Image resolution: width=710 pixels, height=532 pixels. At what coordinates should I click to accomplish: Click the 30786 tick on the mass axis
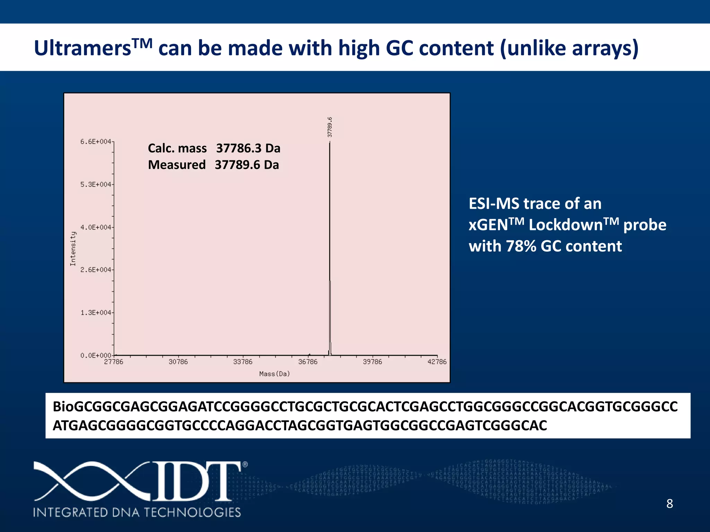click(x=178, y=362)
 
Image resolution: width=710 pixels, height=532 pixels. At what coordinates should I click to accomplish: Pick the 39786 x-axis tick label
click(x=372, y=362)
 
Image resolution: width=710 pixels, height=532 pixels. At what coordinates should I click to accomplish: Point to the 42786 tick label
click(x=437, y=362)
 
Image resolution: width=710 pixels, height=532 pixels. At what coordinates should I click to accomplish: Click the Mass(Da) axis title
click(x=275, y=374)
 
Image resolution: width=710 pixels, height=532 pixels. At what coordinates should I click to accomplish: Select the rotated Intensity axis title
click(x=73, y=249)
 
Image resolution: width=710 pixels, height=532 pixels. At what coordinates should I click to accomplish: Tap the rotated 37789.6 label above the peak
click(x=330, y=127)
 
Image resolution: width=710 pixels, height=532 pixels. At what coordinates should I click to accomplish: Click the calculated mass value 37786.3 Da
click(x=248, y=148)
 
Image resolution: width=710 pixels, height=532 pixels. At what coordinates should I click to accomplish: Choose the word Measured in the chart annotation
click(x=177, y=165)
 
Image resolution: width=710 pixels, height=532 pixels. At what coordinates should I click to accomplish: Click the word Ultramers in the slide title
click(x=83, y=48)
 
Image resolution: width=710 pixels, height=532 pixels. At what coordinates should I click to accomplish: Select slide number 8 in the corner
click(x=669, y=504)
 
